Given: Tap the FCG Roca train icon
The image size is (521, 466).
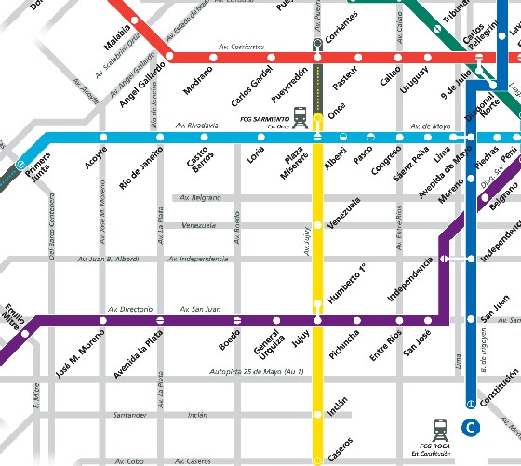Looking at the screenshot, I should [x=440, y=429].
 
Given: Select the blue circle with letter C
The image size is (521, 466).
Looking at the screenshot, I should [x=471, y=428].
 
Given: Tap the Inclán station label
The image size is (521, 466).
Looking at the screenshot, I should [x=339, y=405].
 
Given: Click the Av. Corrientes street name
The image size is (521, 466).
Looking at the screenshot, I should [x=241, y=47].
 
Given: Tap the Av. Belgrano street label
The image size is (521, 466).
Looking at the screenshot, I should [x=198, y=198].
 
